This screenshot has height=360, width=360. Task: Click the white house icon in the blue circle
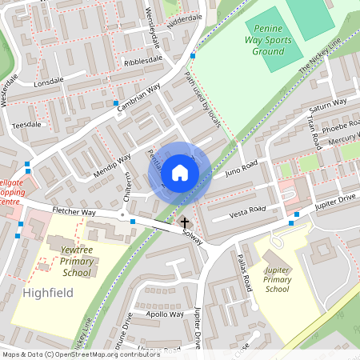click(x=179, y=172)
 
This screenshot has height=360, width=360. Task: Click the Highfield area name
click(x=48, y=293)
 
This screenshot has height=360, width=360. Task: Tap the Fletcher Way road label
click(x=74, y=213)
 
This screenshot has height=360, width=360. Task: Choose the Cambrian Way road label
click(x=140, y=94)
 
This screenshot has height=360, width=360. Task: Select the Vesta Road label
click(x=246, y=210)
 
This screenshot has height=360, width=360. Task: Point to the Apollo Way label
click(x=166, y=314)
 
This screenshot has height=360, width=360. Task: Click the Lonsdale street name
click(x=48, y=82)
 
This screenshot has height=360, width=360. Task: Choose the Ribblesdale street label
click(x=143, y=60)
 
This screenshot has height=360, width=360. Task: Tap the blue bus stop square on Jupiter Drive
click(x=296, y=214)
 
